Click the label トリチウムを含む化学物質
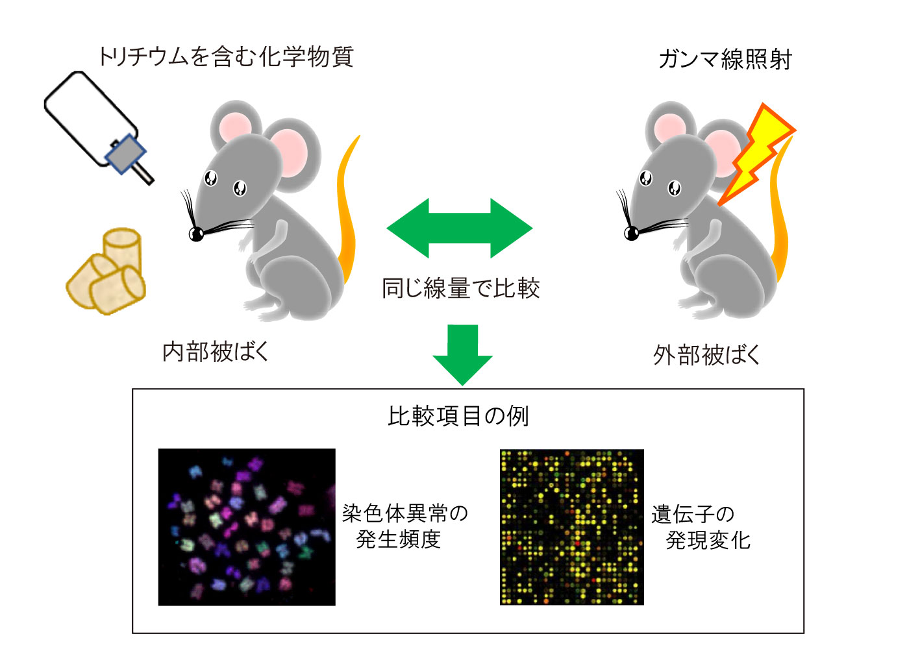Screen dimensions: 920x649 tap(226, 56)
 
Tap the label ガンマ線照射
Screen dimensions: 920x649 tap(725, 60)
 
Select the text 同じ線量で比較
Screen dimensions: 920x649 tap(460, 288)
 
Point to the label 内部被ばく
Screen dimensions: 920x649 tap(215, 352)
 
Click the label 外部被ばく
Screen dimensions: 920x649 tap(706, 355)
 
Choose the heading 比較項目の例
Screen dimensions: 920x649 tap(458, 416)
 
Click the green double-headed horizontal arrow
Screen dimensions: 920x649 tap(460, 228)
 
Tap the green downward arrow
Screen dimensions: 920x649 tap(462, 355)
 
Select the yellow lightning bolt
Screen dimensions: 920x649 tap(757, 154)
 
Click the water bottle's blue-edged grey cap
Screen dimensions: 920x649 tap(125, 154)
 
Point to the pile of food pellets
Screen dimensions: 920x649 tap(106, 271)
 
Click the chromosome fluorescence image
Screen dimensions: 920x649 tap(247, 527)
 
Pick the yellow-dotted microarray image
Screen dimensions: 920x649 tap(572, 527)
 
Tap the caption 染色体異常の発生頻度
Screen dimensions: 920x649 tap(405, 526)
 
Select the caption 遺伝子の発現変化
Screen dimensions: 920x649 tap(701, 527)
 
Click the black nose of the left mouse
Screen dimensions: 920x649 tap(196, 234)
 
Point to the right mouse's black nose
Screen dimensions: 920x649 tap(631, 233)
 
